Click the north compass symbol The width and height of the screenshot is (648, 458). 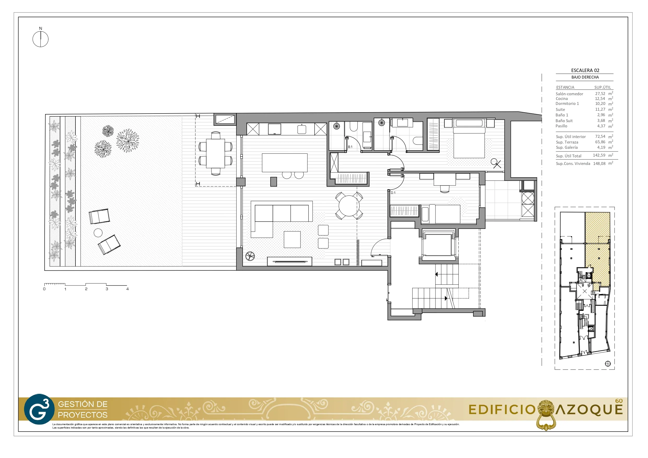pos(40,39)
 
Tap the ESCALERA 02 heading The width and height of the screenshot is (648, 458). pos(585,70)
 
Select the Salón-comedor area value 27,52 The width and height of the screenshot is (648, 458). pos(600,94)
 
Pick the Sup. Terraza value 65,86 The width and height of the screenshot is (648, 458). pos(600,142)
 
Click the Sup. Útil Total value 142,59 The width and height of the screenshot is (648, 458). pos(599,155)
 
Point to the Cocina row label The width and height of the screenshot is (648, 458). pos(562,98)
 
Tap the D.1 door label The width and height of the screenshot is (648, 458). pos(393,193)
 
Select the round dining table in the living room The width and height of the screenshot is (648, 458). pos(349,205)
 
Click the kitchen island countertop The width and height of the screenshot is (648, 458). pos(285,163)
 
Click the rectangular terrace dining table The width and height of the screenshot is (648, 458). pos(215,153)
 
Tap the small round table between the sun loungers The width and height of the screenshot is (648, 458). pos(98,233)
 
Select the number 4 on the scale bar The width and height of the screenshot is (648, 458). pos(128,289)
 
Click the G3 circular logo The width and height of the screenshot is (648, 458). pos(39,409)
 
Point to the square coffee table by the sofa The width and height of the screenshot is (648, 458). pos(292,239)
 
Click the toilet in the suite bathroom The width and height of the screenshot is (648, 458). pos(418,141)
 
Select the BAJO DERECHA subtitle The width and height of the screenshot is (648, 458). pos(585,77)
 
